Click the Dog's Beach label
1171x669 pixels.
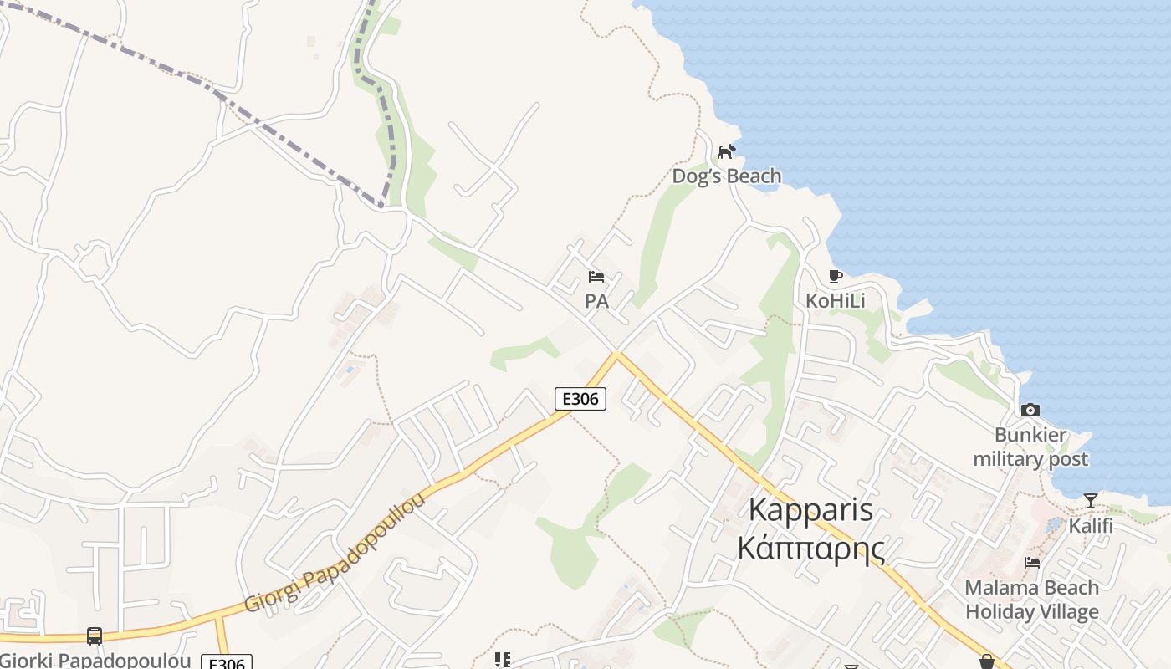coord(727,176)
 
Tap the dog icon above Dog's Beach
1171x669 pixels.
coord(726,151)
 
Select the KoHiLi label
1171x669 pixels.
coord(835,300)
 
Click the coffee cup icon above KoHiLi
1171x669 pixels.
coord(835,276)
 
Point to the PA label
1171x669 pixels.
coord(596,301)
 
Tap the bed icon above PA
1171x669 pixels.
coord(596,276)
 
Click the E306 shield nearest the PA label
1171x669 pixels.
coord(580,399)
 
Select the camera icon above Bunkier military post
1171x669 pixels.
coord(1030,410)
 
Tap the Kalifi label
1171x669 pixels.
coord(1091,526)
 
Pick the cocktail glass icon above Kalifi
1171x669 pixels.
coord(1091,501)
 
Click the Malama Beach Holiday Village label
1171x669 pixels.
coord(1032,600)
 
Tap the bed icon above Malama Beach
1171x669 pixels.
coord(1032,563)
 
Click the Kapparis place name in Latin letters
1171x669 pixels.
coord(810,509)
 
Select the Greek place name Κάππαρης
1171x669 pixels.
coord(810,547)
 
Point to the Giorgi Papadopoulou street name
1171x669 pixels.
coord(335,553)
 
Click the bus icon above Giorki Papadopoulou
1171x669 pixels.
coord(95,636)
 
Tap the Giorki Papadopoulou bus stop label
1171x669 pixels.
coord(96,661)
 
